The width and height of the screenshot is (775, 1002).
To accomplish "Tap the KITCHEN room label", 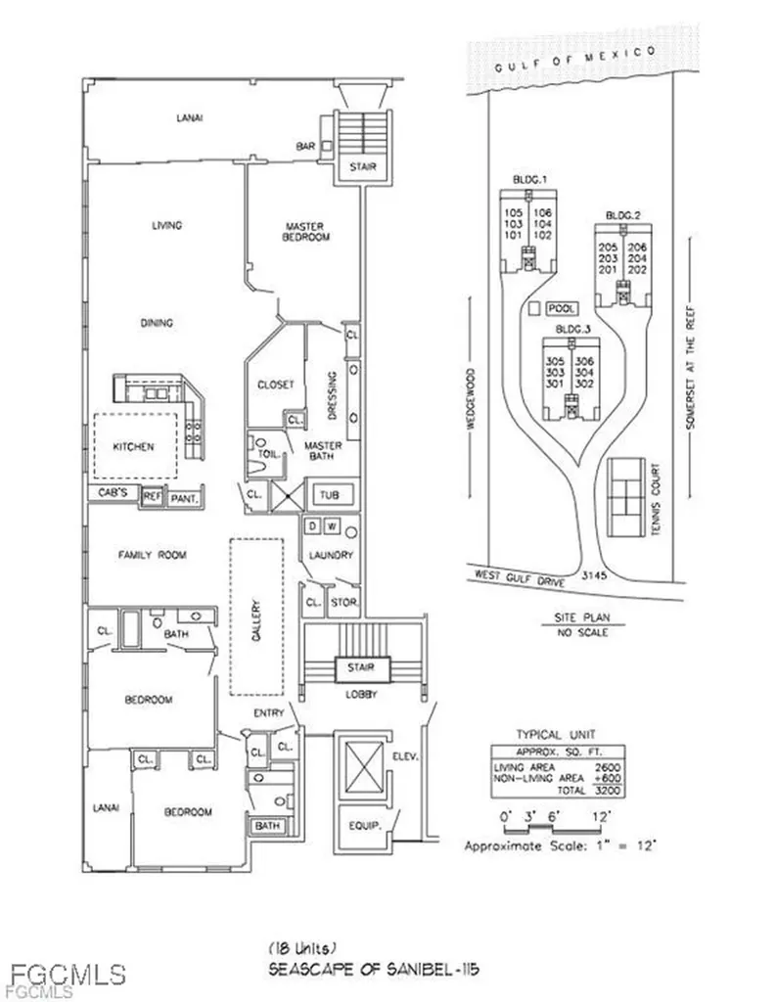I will click(133, 447).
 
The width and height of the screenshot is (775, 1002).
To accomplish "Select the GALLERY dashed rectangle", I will click(256, 616).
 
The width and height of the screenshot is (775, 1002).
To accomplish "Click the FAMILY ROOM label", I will click(153, 555).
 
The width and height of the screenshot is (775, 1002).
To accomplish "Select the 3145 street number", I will click(595, 576).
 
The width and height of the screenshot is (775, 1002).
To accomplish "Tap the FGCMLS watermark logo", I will click(68, 975).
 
